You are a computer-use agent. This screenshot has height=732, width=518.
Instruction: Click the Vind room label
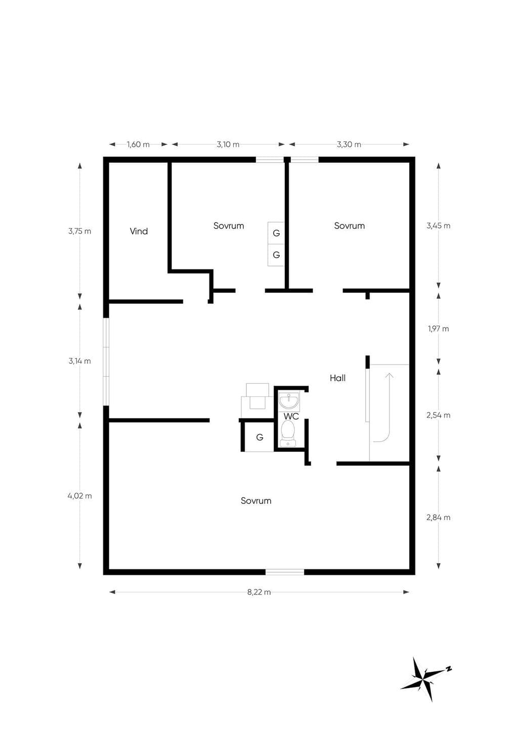pos(139,232)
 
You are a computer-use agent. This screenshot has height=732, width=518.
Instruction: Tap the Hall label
pos(337,378)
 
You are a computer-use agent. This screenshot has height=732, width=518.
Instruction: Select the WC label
pos(291,417)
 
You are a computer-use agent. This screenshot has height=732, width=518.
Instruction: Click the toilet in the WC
pos(288,433)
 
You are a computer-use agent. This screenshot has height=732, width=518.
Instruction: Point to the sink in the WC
pos(288,401)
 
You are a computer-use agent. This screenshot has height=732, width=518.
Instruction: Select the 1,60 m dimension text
pos(138,145)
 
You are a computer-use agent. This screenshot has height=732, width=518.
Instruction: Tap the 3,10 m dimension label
pos(228,145)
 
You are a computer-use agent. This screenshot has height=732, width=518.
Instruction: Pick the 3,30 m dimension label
pos(349,145)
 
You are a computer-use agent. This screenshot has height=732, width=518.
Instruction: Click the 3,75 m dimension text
pos(80,232)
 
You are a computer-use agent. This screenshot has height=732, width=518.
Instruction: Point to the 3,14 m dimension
pos(80,361)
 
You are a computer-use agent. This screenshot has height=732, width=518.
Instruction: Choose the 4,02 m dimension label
pos(80,496)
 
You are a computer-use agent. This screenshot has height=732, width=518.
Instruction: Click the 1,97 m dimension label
pos(439,329)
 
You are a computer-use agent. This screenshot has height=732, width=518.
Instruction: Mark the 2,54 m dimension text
pos(439,416)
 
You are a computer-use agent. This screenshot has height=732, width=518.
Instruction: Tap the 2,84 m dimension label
pos(439,517)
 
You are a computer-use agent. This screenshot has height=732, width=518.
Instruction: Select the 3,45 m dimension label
pos(439,226)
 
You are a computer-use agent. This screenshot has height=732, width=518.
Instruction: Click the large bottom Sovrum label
pos(256,500)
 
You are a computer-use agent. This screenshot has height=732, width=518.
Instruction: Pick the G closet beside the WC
pos(260,437)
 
